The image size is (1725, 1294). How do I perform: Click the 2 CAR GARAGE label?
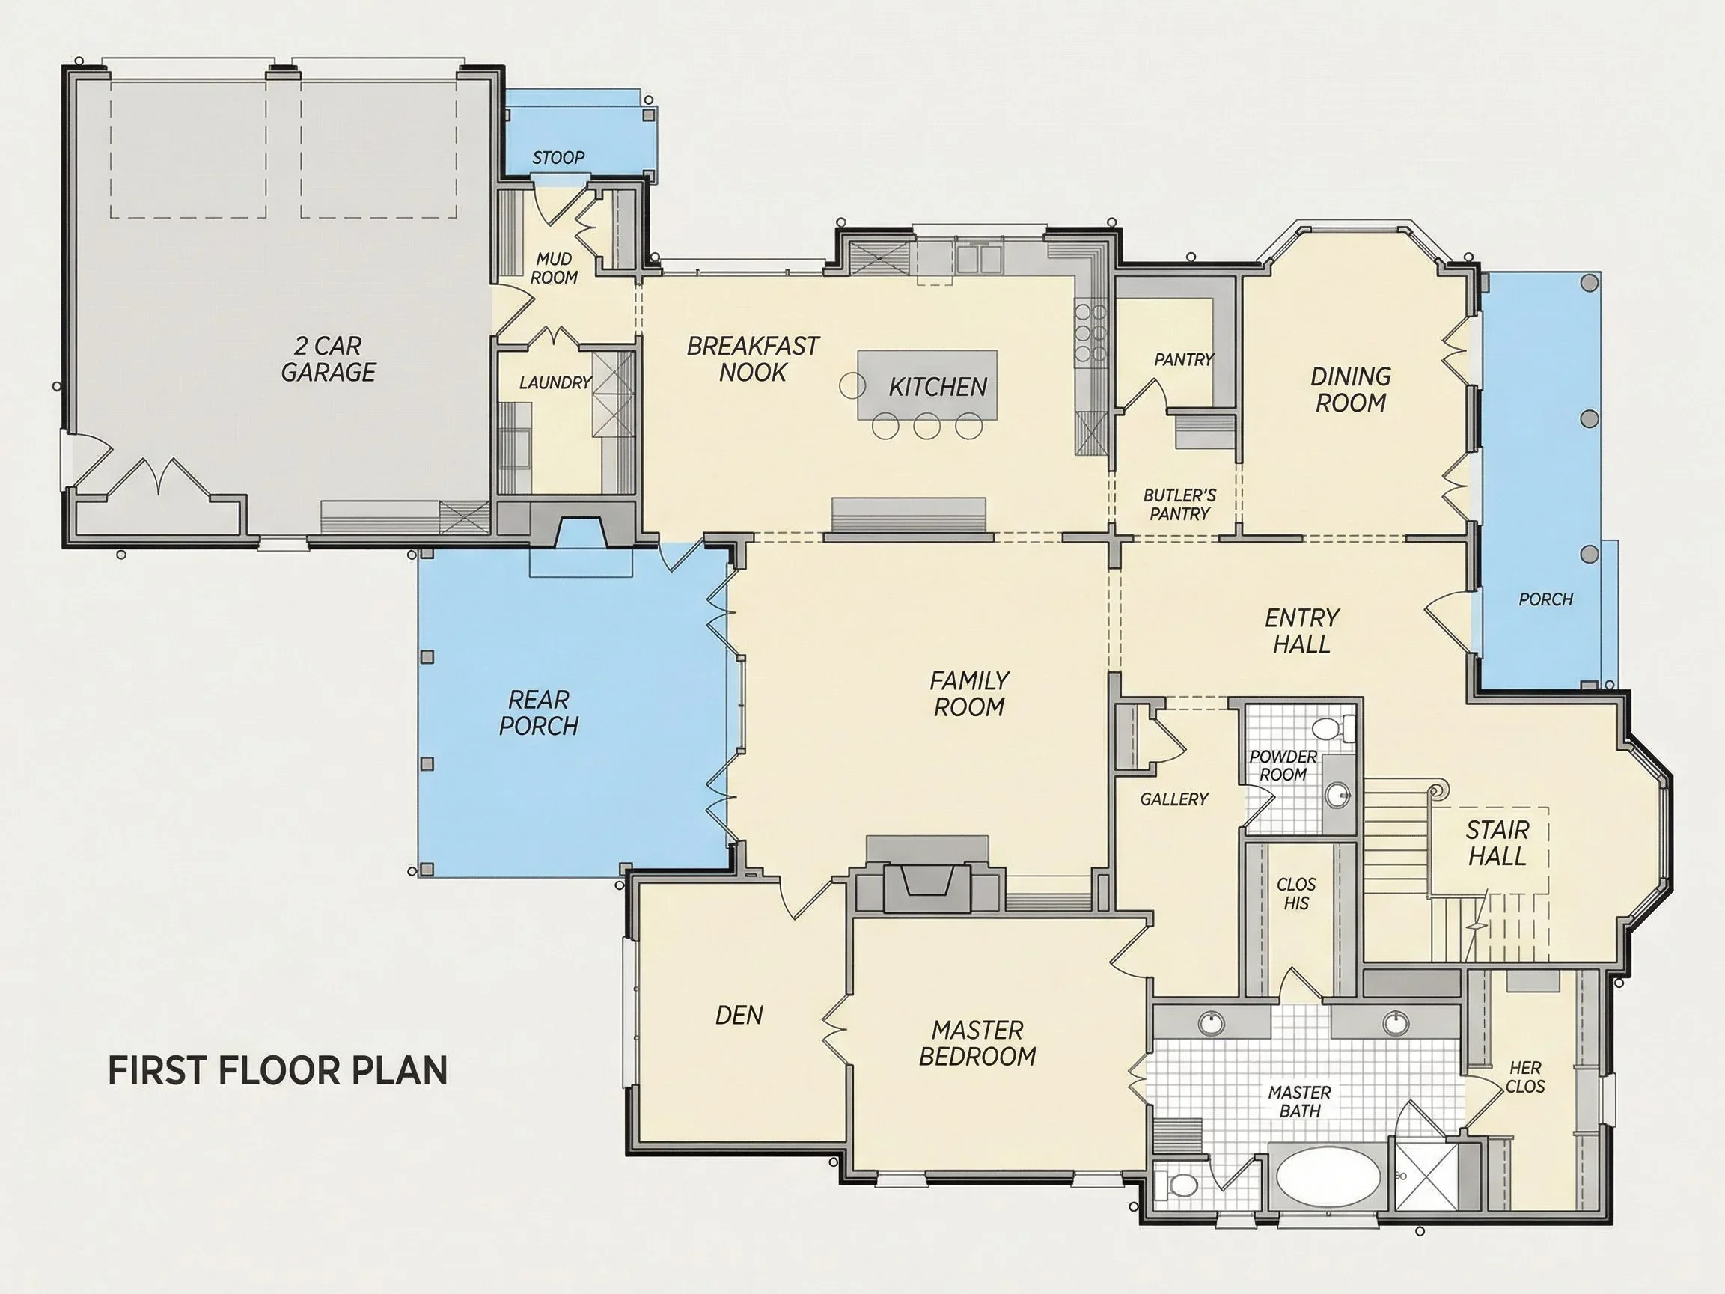(329, 358)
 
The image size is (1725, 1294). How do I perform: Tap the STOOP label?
(558, 158)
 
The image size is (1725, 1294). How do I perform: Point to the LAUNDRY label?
(555, 383)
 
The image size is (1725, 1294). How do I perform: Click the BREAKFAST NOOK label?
(753, 358)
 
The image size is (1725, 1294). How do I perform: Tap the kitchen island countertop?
(927, 385)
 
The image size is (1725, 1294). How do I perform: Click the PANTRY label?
(1184, 359)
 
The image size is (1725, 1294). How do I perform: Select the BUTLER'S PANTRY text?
(1179, 504)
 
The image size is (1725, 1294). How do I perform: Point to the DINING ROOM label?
(1351, 389)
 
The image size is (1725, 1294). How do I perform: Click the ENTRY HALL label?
(1301, 631)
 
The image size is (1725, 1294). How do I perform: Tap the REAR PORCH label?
(539, 712)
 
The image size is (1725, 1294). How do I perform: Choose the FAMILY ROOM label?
(969, 694)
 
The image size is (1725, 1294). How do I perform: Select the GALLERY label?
(1173, 799)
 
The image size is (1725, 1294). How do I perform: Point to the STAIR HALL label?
(1497, 843)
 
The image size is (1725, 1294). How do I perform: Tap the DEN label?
(739, 1015)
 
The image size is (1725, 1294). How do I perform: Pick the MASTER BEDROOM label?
(977, 1043)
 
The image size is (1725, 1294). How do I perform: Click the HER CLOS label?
(1524, 1076)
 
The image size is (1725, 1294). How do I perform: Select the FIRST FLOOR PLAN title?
(278, 1070)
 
